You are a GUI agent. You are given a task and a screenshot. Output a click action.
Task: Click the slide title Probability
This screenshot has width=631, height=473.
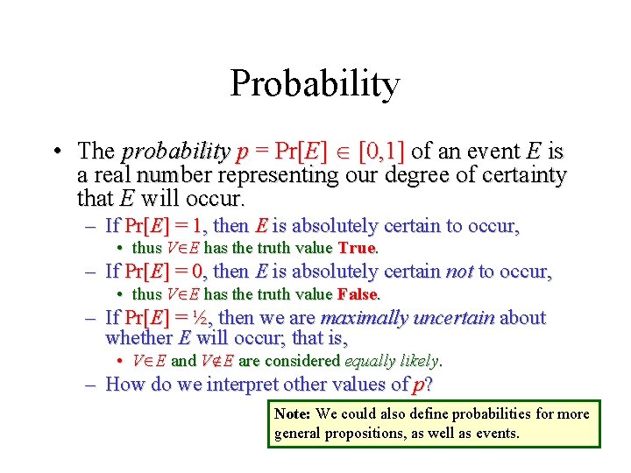point(315,85)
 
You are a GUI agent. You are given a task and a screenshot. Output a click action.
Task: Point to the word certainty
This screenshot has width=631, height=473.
point(517,175)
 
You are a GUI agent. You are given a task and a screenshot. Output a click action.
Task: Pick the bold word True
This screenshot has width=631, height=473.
point(356,249)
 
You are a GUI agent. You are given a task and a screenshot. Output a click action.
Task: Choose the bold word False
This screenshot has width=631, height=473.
point(358,294)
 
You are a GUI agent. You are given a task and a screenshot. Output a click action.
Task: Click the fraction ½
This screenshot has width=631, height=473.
point(202,317)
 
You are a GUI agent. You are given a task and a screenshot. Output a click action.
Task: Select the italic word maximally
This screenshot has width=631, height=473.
point(362,317)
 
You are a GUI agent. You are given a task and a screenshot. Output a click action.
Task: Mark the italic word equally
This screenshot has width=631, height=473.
point(367,361)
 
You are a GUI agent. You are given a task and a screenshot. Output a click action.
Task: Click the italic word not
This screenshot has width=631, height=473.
point(459,272)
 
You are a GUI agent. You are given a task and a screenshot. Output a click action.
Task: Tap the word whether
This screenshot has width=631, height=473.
point(138,338)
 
